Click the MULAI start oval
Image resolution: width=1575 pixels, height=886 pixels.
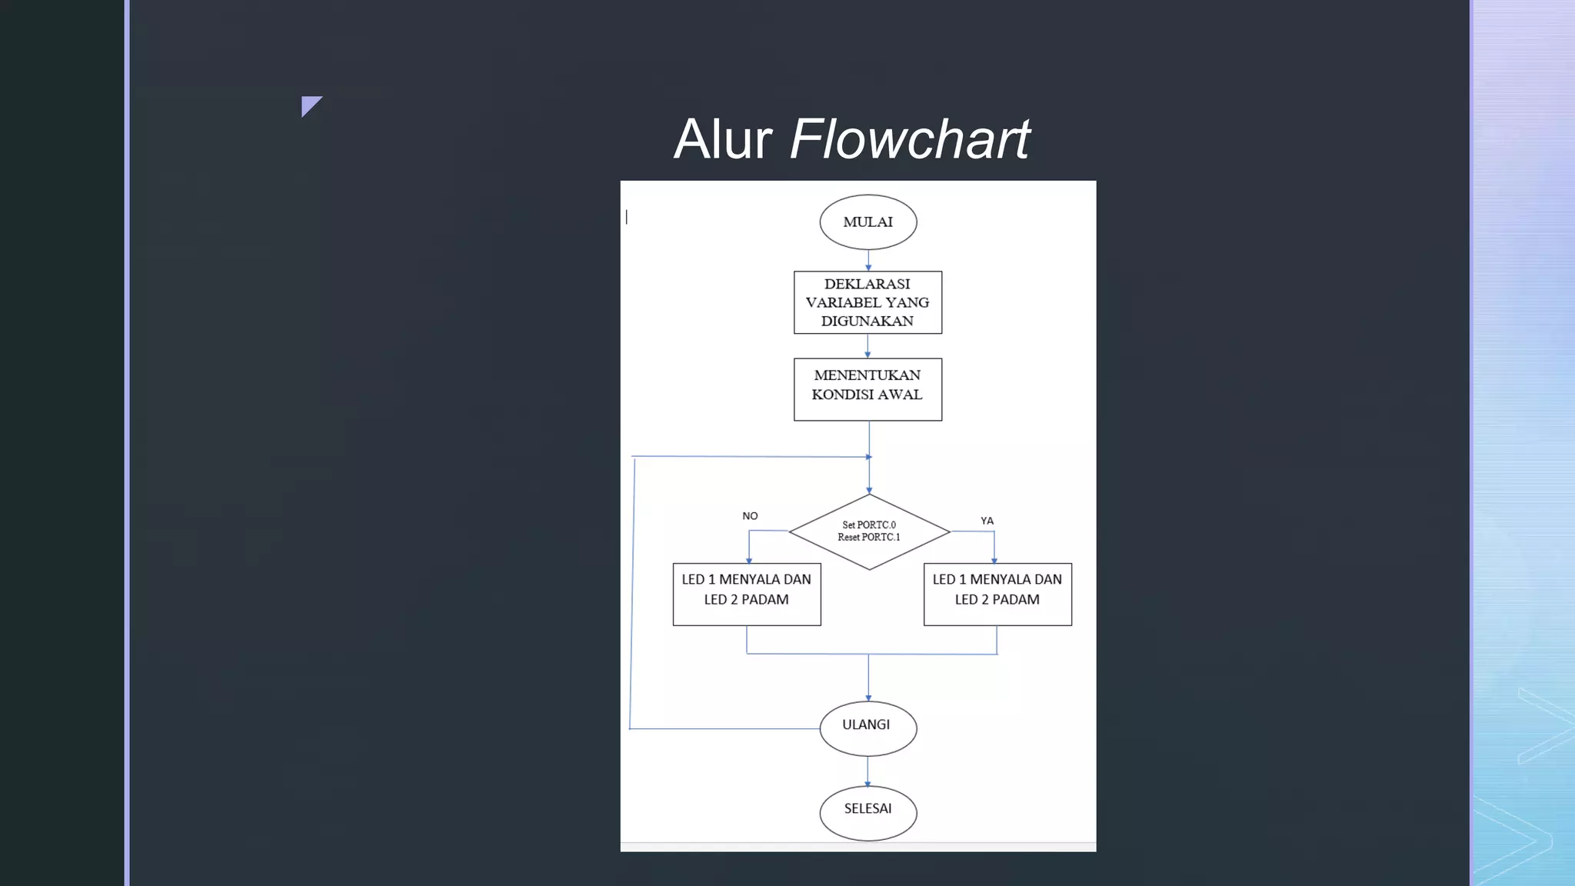(867, 222)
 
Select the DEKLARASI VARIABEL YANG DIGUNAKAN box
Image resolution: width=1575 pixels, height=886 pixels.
(867, 302)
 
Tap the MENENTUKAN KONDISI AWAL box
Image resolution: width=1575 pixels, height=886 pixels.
(867, 389)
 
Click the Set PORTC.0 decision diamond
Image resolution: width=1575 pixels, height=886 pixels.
(869, 531)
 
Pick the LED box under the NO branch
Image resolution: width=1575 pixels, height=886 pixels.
(746, 594)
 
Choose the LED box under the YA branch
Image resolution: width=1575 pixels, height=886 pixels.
(997, 594)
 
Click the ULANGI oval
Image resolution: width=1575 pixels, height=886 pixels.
(867, 728)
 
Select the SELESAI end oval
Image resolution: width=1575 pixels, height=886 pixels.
(867, 812)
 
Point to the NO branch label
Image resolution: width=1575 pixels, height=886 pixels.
(750, 516)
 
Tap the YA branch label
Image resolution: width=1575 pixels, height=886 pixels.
(987, 521)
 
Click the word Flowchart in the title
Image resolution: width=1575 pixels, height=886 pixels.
(909, 139)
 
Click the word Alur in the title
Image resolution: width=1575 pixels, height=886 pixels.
(723, 139)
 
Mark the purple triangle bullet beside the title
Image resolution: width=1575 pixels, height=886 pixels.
(310, 105)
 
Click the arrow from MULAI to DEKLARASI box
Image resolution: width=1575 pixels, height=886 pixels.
(868, 260)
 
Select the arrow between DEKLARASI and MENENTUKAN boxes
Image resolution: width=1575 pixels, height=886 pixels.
(868, 346)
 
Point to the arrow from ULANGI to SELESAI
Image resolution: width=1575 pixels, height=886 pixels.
(867, 771)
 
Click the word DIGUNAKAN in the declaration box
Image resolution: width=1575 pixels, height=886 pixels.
(867, 321)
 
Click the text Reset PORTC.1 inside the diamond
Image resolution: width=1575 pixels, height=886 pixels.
(868, 538)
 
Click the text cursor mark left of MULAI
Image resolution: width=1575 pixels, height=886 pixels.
(627, 218)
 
